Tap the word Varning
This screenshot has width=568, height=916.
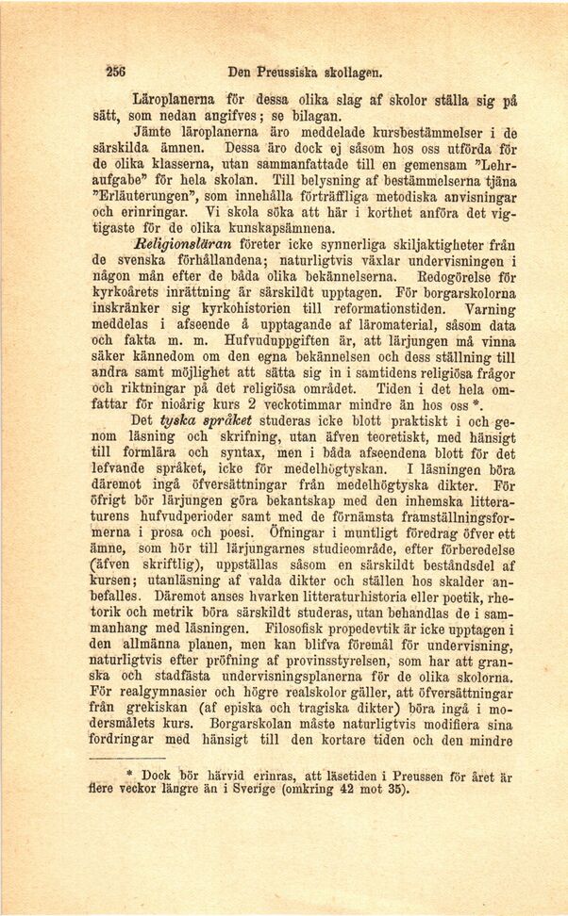(x=492, y=307)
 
